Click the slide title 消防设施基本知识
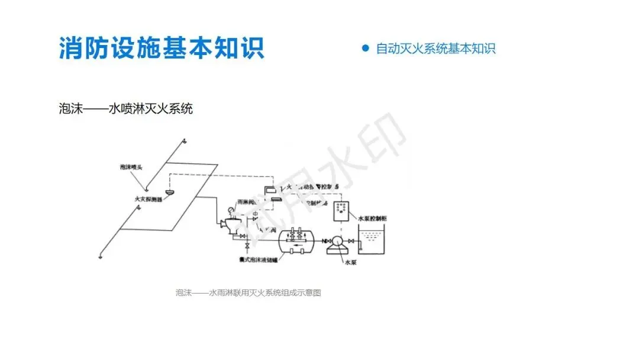[161, 47]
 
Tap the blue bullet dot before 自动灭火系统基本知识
[365, 48]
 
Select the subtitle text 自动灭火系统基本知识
[435, 49]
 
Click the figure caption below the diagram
[248, 292]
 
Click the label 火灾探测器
[148, 200]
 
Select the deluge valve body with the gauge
[227, 225]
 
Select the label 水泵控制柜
[375, 218]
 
